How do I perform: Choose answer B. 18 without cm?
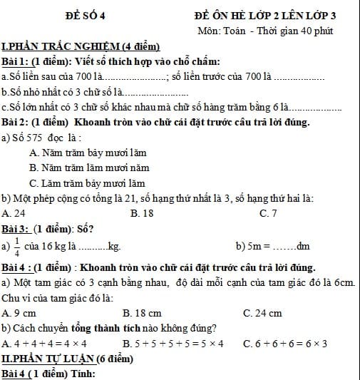point(143,212)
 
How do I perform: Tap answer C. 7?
point(269,212)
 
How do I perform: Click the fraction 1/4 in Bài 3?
point(16,246)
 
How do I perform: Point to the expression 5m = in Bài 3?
point(256,247)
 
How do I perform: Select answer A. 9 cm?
point(19,313)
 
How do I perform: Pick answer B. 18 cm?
point(143,313)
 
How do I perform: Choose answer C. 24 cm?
point(262,313)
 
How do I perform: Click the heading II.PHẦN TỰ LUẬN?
point(68,359)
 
